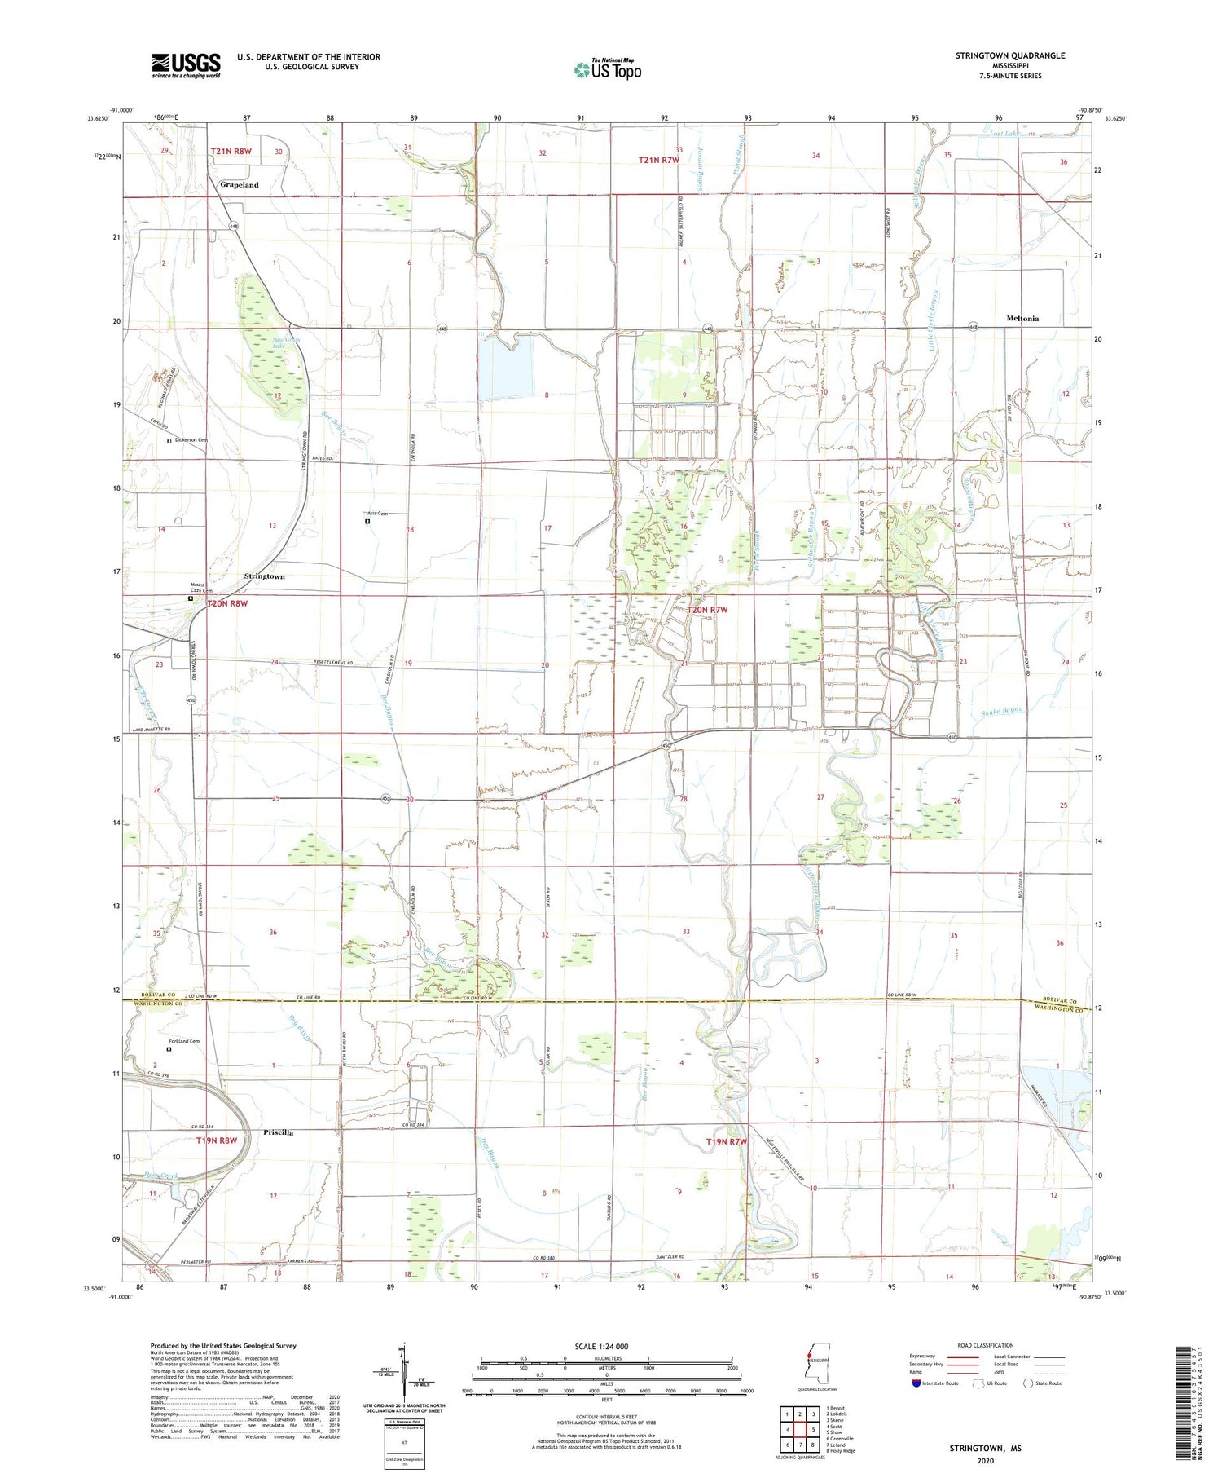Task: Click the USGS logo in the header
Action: tap(186, 65)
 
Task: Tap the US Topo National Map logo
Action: tap(607, 69)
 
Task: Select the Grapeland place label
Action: tap(239, 185)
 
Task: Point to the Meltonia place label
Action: tap(1022, 319)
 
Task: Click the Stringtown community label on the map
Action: tap(264, 576)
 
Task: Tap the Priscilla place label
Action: tap(278, 1132)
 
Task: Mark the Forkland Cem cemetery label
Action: tap(184, 1041)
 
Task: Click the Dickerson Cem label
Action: tap(191, 440)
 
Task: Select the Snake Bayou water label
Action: tap(1001, 710)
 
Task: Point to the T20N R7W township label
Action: tap(709, 610)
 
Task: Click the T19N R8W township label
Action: tap(216, 1140)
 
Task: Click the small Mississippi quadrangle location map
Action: tap(812, 1365)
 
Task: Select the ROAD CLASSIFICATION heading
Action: tap(986, 1345)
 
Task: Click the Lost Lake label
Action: tap(1004, 134)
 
